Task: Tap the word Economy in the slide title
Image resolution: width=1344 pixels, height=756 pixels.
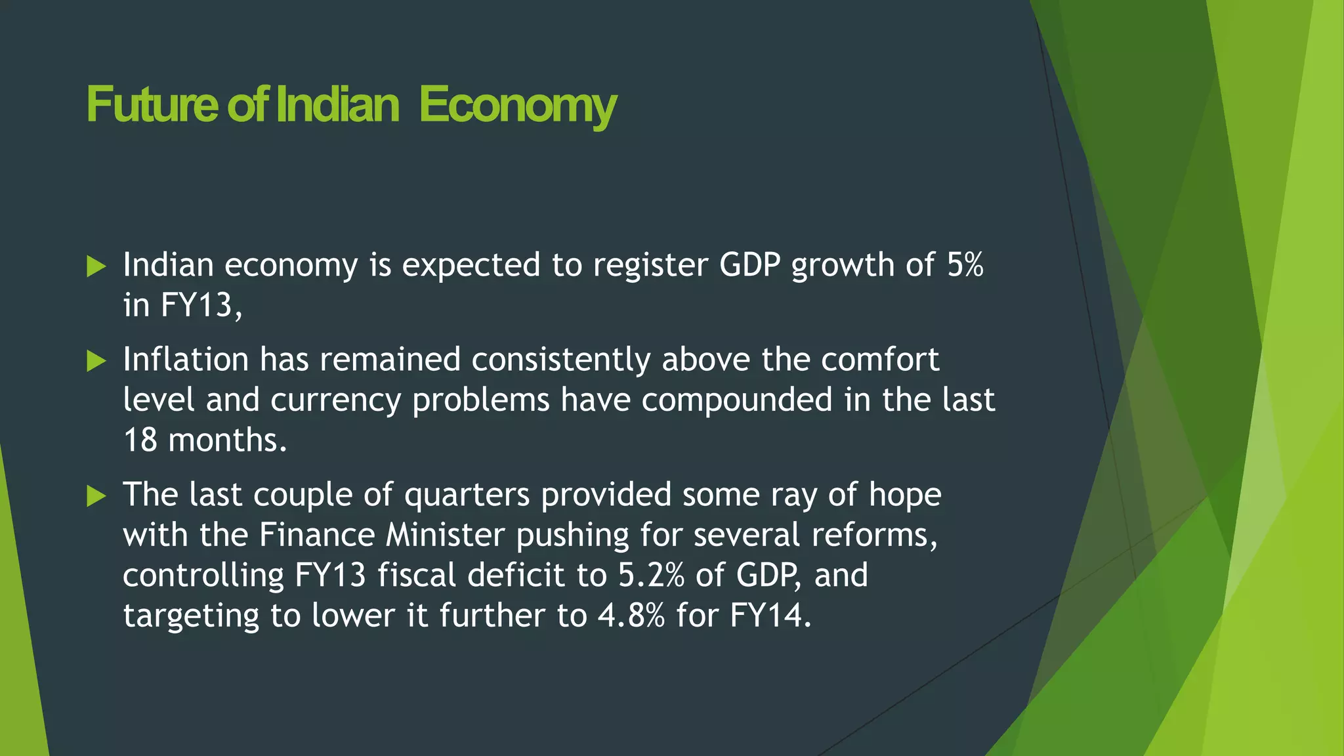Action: click(x=518, y=106)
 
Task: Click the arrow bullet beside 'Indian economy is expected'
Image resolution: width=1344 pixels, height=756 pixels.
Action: click(x=96, y=266)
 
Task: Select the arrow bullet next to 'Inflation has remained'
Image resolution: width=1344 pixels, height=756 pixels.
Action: click(x=96, y=361)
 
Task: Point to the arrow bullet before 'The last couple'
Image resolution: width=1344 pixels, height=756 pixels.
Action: click(x=96, y=496)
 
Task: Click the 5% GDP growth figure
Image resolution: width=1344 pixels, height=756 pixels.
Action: click(x=965, y=265)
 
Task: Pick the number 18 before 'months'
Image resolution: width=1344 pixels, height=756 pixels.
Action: click(x=140, y=440)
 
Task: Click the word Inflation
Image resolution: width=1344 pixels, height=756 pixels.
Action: click(x=186, y=360)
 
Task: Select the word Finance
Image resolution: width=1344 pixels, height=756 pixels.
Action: click(x=316, y=535)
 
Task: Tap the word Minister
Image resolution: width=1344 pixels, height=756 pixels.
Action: click(x=445, y=535)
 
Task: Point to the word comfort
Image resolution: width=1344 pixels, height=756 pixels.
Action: click(x=879, y=360)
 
